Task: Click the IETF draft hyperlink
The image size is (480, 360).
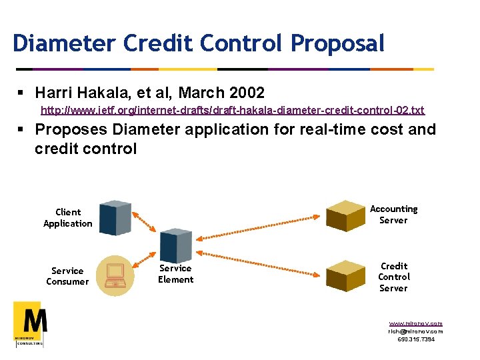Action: (x=232, y=109)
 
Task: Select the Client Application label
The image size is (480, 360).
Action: (x=67, y=218)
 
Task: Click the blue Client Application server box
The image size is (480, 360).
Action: (x=115, y=217)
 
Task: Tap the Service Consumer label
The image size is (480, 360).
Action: (x=67, y=276)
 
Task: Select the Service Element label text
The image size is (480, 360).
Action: (x=175, y=274)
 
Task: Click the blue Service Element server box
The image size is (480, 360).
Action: (x=177, y=245)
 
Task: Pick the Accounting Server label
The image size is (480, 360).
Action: (x=393, y=215)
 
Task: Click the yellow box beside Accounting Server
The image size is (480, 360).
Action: (x=345, y=215)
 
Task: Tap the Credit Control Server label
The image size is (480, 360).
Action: (x=393, y=277)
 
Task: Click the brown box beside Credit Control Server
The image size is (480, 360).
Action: (x=345, y=275)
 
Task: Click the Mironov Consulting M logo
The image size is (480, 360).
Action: (x=30, y=323)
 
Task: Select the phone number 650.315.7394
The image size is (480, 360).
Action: (x=415, y=339)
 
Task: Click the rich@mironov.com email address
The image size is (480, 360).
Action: (x=415, y=331)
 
